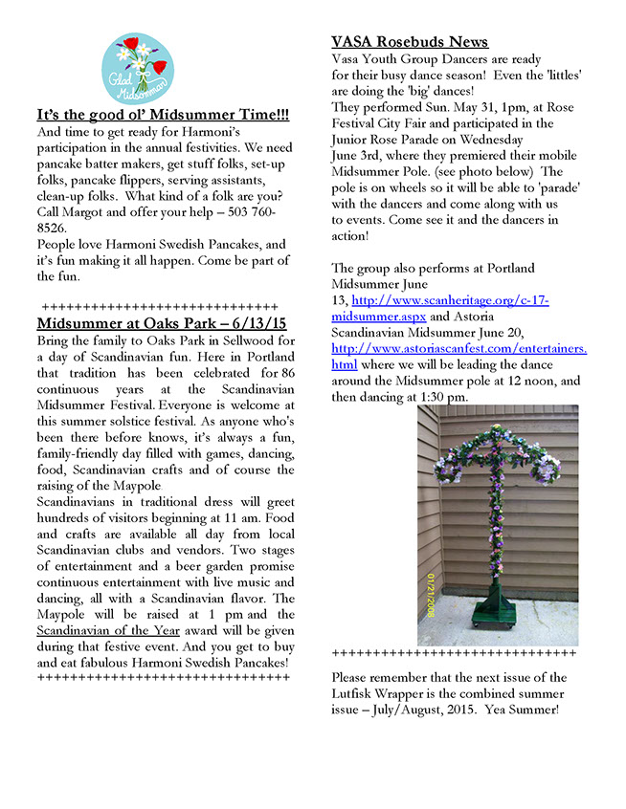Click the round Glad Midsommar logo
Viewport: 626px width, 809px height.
[x=138, y=70]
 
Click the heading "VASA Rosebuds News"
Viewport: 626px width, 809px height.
[x=410, y=42]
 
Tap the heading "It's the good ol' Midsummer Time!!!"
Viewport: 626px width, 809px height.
[x=163, y=116]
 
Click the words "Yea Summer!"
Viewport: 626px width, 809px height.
[x=525, y=710]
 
